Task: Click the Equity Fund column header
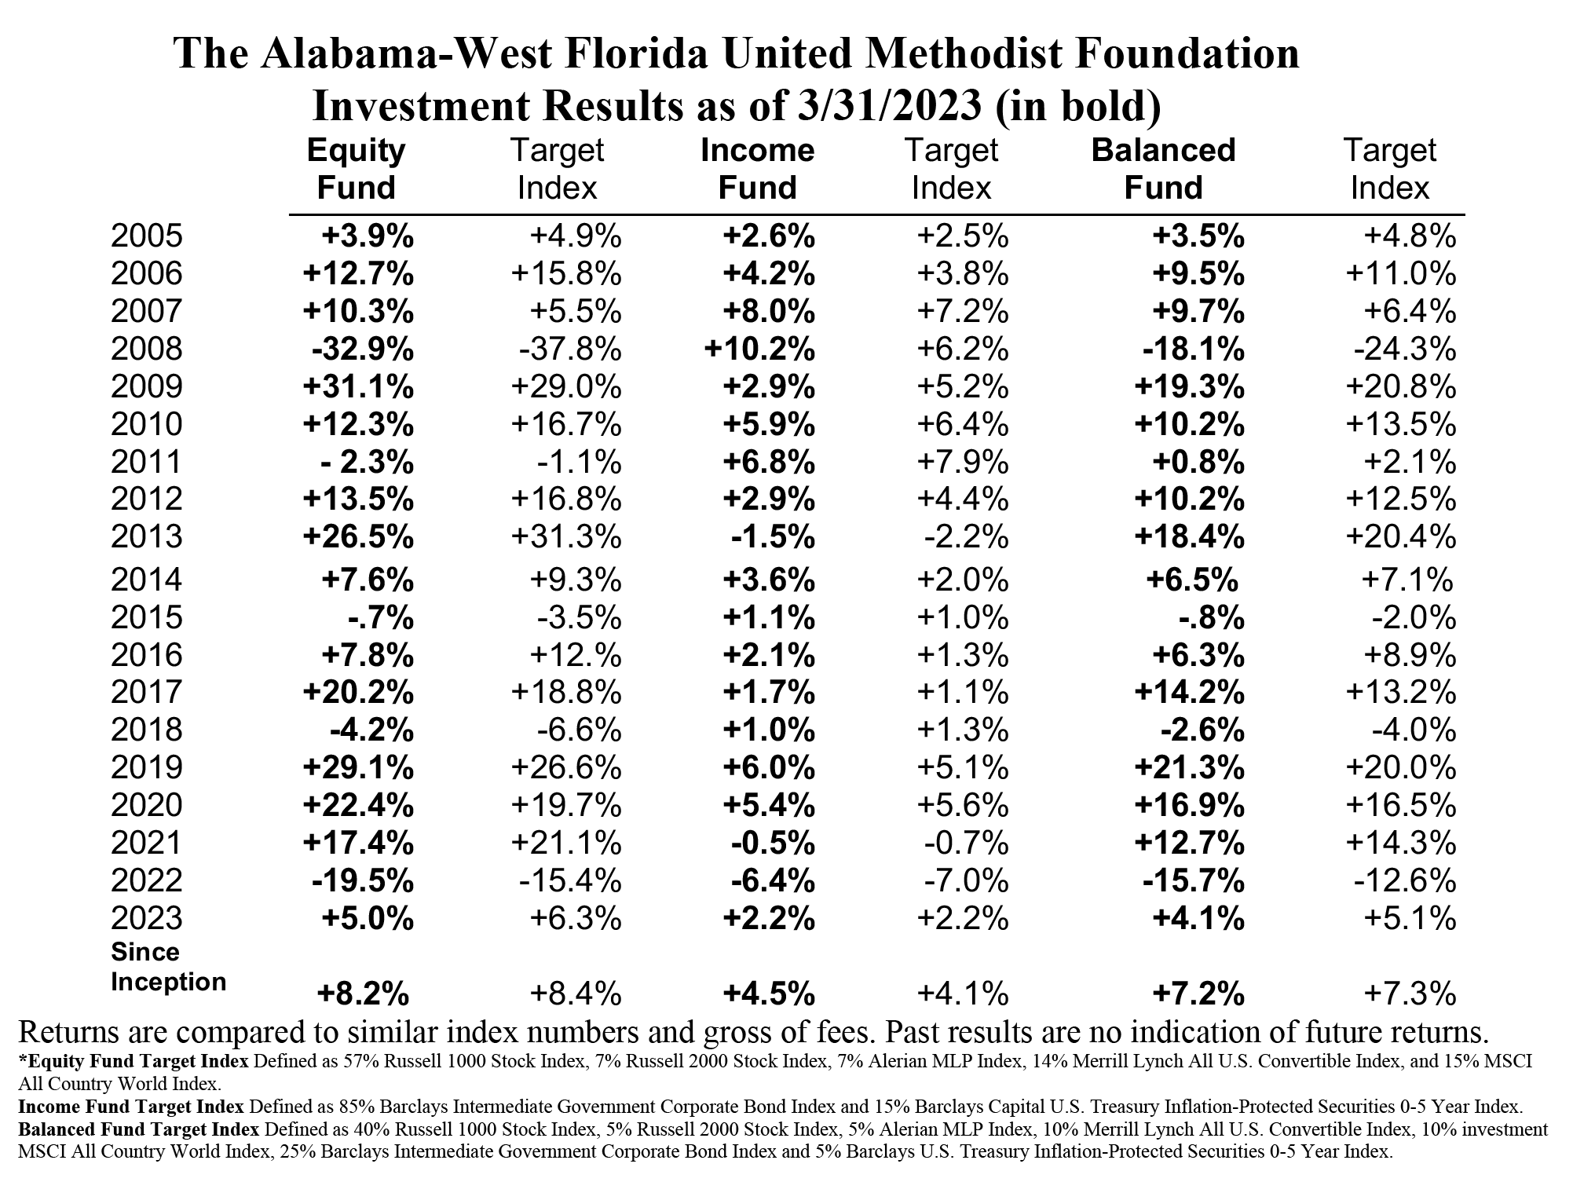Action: pos(357,169)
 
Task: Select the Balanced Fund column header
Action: pos(1164,169)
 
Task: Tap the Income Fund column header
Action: pos(758,169)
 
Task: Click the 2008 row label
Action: pos(147,349)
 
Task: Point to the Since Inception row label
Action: pos(168,967)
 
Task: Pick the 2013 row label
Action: pos(147,537)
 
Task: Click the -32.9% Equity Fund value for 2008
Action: pos(362,349)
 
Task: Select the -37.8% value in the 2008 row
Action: pos(570,349)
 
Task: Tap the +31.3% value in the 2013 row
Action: pos(566,537)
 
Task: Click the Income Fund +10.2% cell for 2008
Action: pos(760,349)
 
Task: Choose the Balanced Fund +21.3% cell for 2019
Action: pos(1189,767)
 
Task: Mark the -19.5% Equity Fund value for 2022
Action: pos(362,880)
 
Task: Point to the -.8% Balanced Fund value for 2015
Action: pos(1212,618)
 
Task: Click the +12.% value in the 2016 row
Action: pos(566,655)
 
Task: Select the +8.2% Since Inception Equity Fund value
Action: pos(363,995)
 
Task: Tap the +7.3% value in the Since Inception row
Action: pos(1410,995)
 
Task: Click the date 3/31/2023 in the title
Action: pos(883,106)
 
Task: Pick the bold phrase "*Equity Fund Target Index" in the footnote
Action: pos(134,1061)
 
